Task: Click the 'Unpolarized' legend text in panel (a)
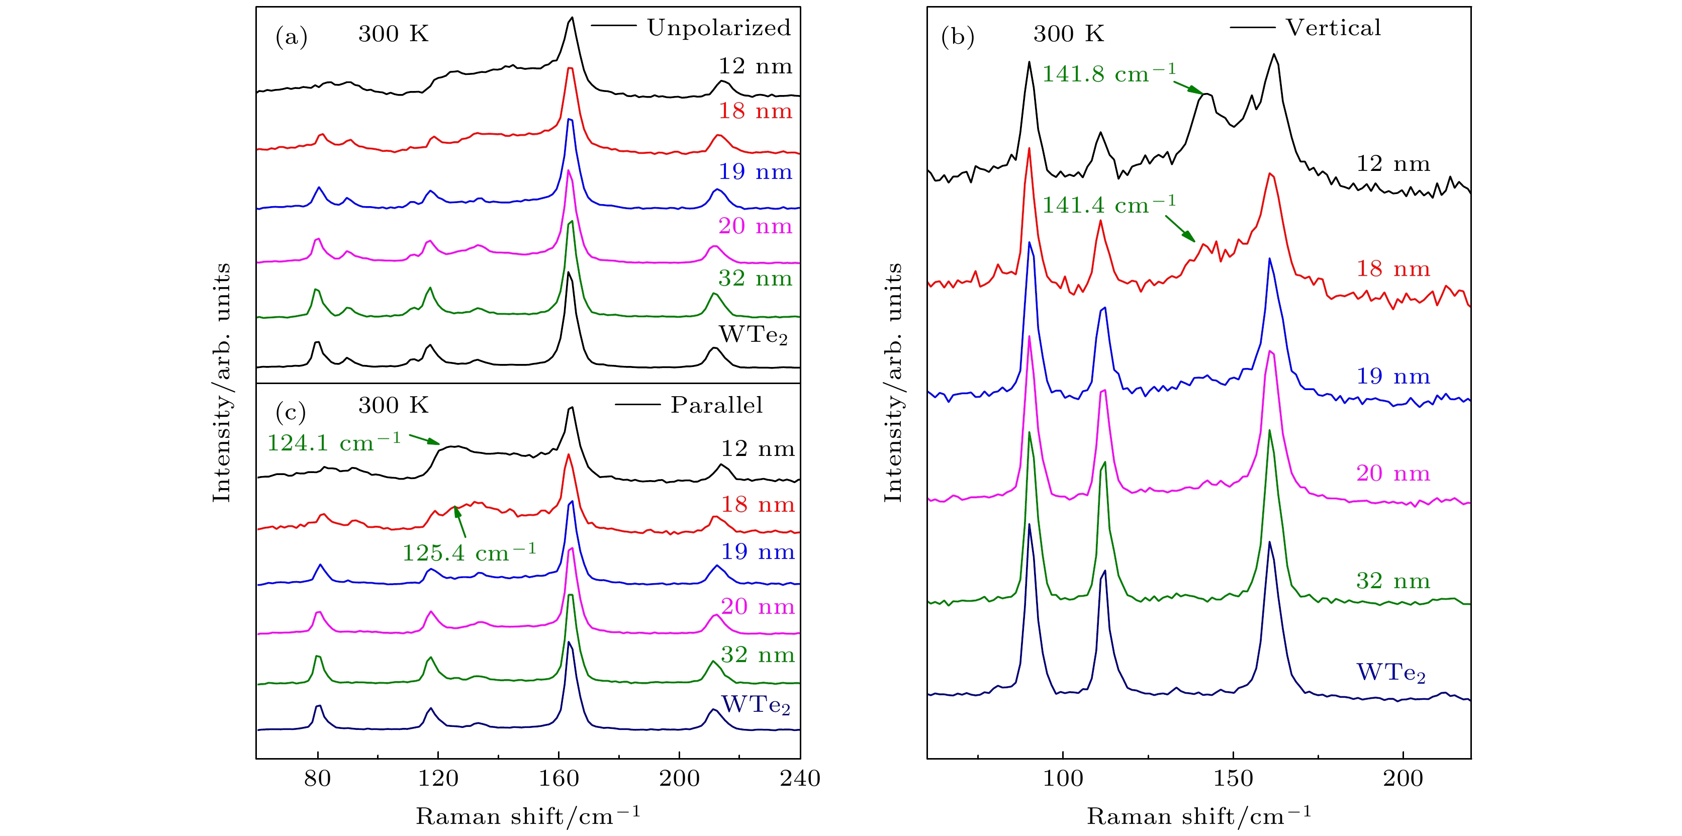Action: tap(718, 28)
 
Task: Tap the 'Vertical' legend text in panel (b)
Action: tap(1333, 28)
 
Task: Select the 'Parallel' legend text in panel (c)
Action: tap(716, 406)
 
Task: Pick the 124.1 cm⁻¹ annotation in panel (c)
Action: tap(334, 443)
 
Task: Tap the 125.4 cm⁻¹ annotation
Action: tap(469, 552)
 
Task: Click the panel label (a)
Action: tap(291, 37)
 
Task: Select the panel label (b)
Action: tap(957, 37)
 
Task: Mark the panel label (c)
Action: tap(291, 412)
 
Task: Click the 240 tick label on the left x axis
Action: tap(800, 779)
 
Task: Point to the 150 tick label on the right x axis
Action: tap(1233, 779)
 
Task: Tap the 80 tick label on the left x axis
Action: tap(317, 779)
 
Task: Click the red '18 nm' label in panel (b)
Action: tap(1393, 268)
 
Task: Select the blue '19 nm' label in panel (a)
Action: tap(755, 172)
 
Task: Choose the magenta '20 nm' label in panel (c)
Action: tap(758, 607)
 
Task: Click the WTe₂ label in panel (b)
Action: tap(1391, 673)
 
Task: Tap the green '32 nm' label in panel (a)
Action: tap(755, 279)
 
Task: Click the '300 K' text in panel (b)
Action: tap(1068, 34)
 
